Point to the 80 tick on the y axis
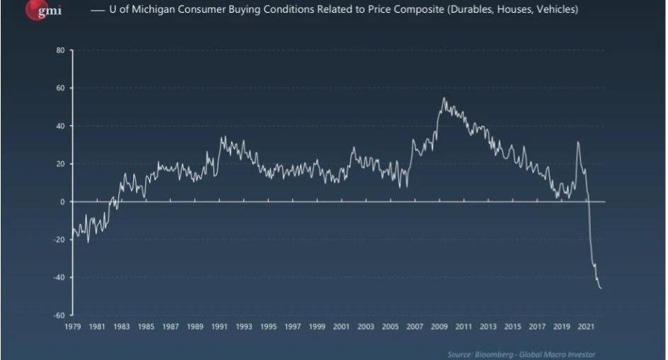pos(60,50)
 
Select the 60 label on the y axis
pos(60,89)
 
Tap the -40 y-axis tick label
pos(60,277)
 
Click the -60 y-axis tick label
pos(60,315)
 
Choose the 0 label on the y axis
pos(62,202)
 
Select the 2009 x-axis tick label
pos(439,327)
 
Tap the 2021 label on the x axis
pos(586,327)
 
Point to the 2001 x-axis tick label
pos(341,327)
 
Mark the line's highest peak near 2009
pos(444,98)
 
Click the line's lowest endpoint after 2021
pos(601,288)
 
